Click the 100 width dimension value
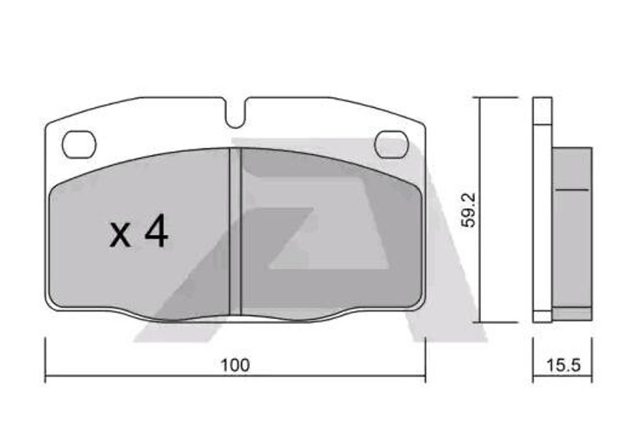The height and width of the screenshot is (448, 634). click(235, 365)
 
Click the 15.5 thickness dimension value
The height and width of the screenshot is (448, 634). click(563, 365)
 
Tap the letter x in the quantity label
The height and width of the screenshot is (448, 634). click(120, 236)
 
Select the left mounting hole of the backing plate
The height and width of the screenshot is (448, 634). click(79, 144)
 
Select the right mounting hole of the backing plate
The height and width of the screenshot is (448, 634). click(391, 144)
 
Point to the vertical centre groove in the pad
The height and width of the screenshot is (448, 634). click(235, 232)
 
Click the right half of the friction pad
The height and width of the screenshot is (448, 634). click(328, 235)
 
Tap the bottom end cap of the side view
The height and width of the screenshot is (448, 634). click(542, 315)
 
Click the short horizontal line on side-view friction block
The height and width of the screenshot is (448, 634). click(571, 189)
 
